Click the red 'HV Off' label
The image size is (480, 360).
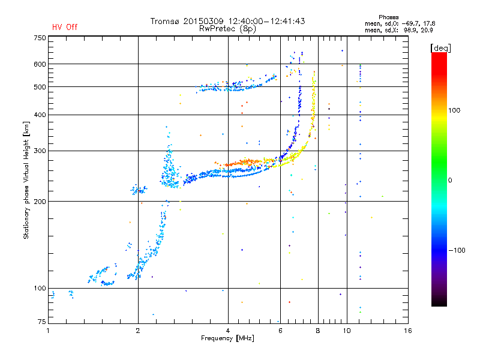(65, 27)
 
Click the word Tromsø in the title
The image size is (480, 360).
(165, 21)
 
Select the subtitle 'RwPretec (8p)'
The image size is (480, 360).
(227, 29)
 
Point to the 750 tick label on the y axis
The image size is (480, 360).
(40, 38)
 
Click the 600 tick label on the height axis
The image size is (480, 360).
(40, 64)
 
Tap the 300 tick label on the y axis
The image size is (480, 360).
(40, 151)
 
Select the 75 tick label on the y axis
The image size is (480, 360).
(42, 322)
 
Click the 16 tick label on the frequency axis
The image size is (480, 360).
(408, 331)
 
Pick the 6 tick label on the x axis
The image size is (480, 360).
(280, 331)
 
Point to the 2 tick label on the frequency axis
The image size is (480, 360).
(138, 331)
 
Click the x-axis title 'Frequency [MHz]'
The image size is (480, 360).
(227, 338)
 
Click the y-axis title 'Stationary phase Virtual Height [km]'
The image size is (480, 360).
(26, 181)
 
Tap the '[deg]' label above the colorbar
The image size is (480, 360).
(440, 48)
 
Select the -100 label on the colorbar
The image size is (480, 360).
(457, 250)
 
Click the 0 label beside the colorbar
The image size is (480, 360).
(450, 181)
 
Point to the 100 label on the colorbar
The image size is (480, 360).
(454, 110)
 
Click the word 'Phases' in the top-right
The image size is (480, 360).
(388, 17)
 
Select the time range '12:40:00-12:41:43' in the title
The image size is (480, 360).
(266, 21)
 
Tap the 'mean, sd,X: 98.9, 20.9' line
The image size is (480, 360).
(399, 31)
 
